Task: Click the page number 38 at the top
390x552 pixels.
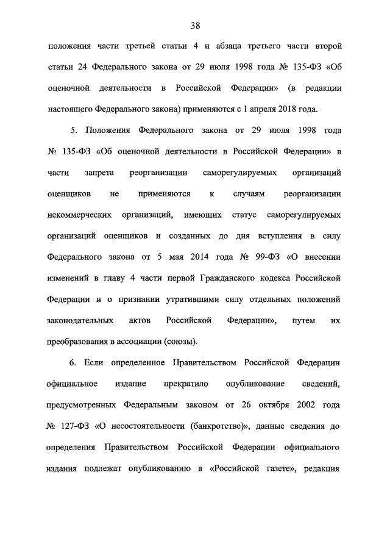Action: click(x=195, y=25)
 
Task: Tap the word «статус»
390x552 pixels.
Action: click(x=241, y=215)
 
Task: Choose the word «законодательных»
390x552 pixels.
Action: click(x=79, y=320)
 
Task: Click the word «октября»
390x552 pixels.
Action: click(x=263, y=404)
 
